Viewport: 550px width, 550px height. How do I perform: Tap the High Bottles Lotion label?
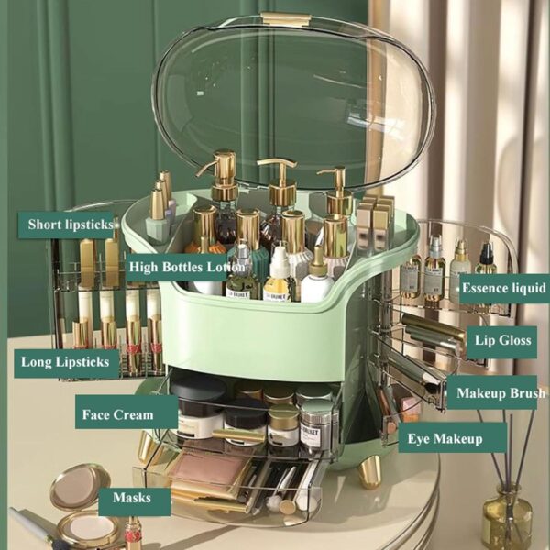point(186,268)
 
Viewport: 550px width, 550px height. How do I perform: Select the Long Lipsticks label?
point(69,361)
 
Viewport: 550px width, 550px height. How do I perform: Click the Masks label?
point(133,499)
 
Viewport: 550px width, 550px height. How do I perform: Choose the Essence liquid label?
point(503,288)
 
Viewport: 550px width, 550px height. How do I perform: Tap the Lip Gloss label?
point(502,340)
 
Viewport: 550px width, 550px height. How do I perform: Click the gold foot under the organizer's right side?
point(368,470)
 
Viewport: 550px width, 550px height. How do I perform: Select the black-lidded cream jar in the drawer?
point(198,402)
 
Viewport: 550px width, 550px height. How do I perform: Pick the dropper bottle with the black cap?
point(485,261)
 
